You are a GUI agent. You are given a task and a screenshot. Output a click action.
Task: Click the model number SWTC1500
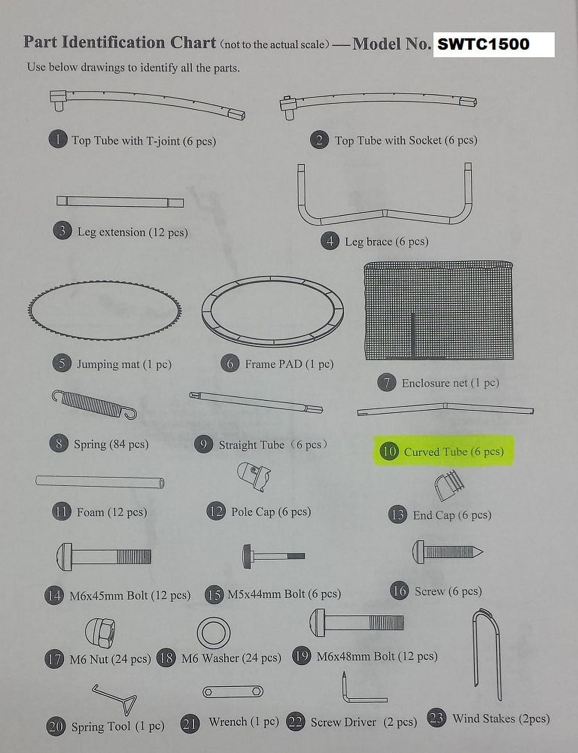pyautogui.click(x=484, y=44)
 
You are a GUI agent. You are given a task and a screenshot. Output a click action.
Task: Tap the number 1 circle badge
pyautogui.click(x=58, y=140)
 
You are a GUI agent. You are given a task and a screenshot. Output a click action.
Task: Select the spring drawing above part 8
pyautogui.click(x=94, y=405)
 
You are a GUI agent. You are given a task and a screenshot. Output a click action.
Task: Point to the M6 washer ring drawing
pyautogui.click(x=214, y=632)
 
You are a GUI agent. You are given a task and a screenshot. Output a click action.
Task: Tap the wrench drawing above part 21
pyautogui.click(x=233, y=691)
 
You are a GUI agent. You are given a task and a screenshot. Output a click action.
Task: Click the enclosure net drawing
pyautogui.click(x=439, y=311)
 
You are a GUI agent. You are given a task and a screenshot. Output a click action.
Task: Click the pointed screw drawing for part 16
pyautogui.click(x=447, y=552)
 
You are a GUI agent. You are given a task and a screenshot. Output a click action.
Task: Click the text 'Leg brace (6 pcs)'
pyautogui.click(x=386, y=241)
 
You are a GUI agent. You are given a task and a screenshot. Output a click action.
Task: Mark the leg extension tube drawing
pyautogui.click(x=120, y=202)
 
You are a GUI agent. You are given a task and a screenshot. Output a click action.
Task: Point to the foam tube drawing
pyautogui.click(x=100, y=481)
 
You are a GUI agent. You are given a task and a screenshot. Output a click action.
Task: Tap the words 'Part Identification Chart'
pyautogui.click(x=120, y=43)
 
